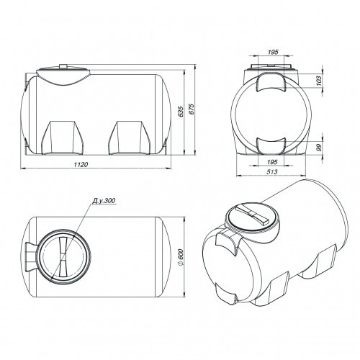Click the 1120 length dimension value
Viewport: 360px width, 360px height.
[81, 164]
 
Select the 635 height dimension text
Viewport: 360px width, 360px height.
[181, 112]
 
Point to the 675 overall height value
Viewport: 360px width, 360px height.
[192, 109]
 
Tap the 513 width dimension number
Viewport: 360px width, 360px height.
[272, 171]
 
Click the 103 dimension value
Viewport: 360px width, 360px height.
[318, 81]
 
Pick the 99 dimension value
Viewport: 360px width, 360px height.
[318, 148]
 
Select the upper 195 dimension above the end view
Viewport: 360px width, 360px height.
[272, 52]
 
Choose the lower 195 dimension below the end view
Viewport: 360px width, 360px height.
[272, 162]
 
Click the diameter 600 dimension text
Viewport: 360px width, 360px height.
[181, 257]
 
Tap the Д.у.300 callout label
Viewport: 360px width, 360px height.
[104, 201]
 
